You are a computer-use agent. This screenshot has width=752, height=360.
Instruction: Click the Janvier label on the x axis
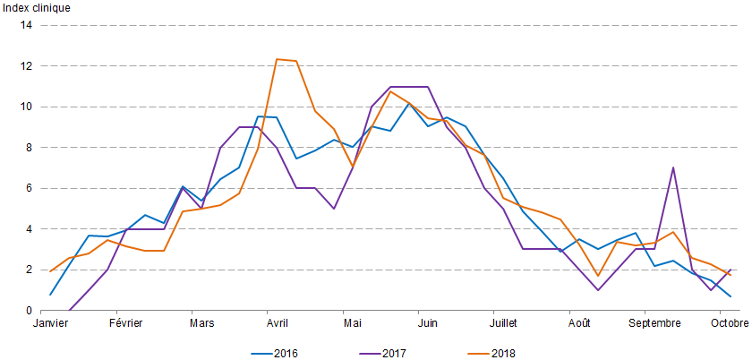51,322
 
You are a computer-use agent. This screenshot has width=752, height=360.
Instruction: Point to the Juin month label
427,322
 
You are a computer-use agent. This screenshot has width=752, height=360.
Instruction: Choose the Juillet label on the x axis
504,322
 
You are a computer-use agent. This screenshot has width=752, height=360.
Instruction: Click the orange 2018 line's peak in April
277,59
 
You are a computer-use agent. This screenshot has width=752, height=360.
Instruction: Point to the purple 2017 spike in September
672,167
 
